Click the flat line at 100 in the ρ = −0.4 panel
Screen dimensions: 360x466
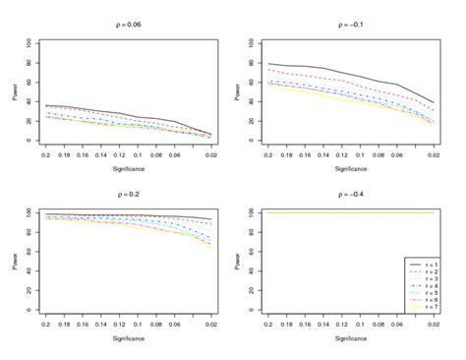tap(334, 212)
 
